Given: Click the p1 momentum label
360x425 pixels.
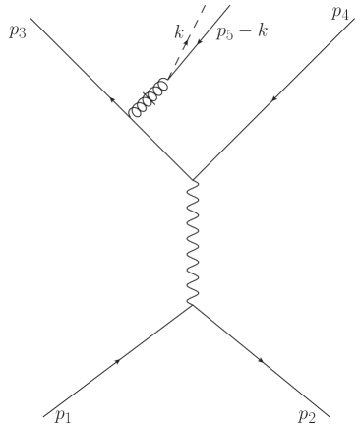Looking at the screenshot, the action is point(63,415).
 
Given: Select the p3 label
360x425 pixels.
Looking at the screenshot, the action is point(17,30).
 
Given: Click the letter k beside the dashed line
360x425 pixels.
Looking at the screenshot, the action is point(179,32).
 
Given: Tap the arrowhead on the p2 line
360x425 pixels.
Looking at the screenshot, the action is point(263,361).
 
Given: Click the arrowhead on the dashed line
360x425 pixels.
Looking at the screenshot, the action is point(186,46).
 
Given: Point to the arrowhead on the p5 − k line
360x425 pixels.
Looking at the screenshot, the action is point(203,42).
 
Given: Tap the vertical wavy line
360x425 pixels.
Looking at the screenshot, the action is point(192,241).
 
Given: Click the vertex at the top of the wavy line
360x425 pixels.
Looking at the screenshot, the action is point(192,178).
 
